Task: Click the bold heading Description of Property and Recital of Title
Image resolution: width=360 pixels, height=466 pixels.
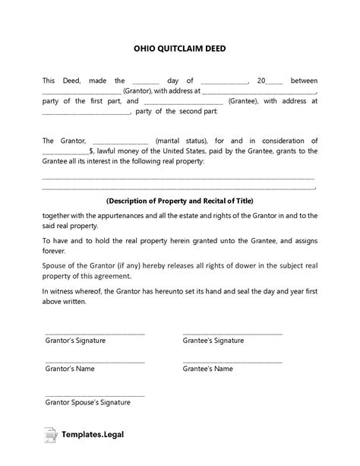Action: [x=180, y=201]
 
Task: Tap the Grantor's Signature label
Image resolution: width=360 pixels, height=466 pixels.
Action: [x=75, y=341]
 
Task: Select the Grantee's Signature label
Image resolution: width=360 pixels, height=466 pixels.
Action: [x=213, y=341]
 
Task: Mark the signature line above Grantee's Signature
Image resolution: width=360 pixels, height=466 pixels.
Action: [x=232, y=333]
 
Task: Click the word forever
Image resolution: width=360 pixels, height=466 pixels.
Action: [x=55, y=247]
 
